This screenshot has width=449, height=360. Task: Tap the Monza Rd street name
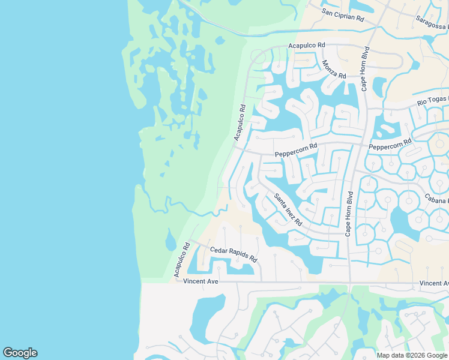pyautogui.click(x=334, y=70)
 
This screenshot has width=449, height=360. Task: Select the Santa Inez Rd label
pyautogui.click(x=288, y=209)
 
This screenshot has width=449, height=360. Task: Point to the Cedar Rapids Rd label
pyautogui.click(x=233, y=254)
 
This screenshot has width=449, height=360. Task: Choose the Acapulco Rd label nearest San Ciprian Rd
pyautogui.click(x=306, y=46)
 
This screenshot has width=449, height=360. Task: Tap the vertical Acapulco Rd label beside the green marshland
pyautogui.click(x=240, y=123)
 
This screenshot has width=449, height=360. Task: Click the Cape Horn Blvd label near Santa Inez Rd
pyautogui.click(x=349, y=214)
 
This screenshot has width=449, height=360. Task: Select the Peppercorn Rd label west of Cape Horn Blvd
pyautogui.click(x=295, y=154)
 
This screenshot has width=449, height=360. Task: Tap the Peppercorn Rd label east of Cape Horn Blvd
pyautogui.click(x=390, y=145)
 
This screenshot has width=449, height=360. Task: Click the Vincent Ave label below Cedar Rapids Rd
pyautogui.click(x=201, y=281)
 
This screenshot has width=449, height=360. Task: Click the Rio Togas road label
pyautogui.click(x=432, y=103)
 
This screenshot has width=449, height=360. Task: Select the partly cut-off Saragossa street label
pyautogui.click(x=432, y=22)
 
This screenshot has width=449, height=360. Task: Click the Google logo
pyautogui.click(x=20, y=353)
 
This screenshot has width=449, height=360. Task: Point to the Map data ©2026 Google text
pyautogui.click(x=411, y=355)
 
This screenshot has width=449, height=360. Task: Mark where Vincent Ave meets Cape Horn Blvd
pyautogui.click(x=349, y=283)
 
